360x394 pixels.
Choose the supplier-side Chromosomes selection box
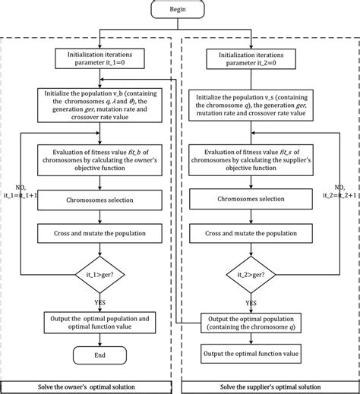254,201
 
